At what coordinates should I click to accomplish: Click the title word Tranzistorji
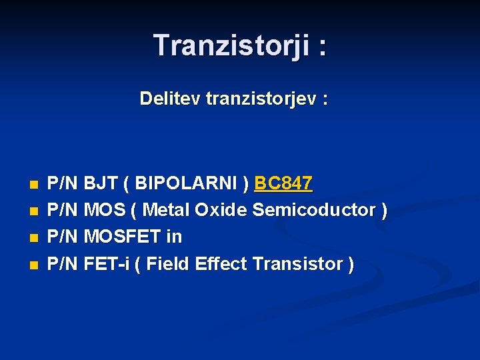point(231,46)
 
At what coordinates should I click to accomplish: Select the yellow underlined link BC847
point(283,183)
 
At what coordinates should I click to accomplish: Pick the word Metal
point(166,210)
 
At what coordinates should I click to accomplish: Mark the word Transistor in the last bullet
point(297,264)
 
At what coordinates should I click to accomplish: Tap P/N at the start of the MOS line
point(64,210)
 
